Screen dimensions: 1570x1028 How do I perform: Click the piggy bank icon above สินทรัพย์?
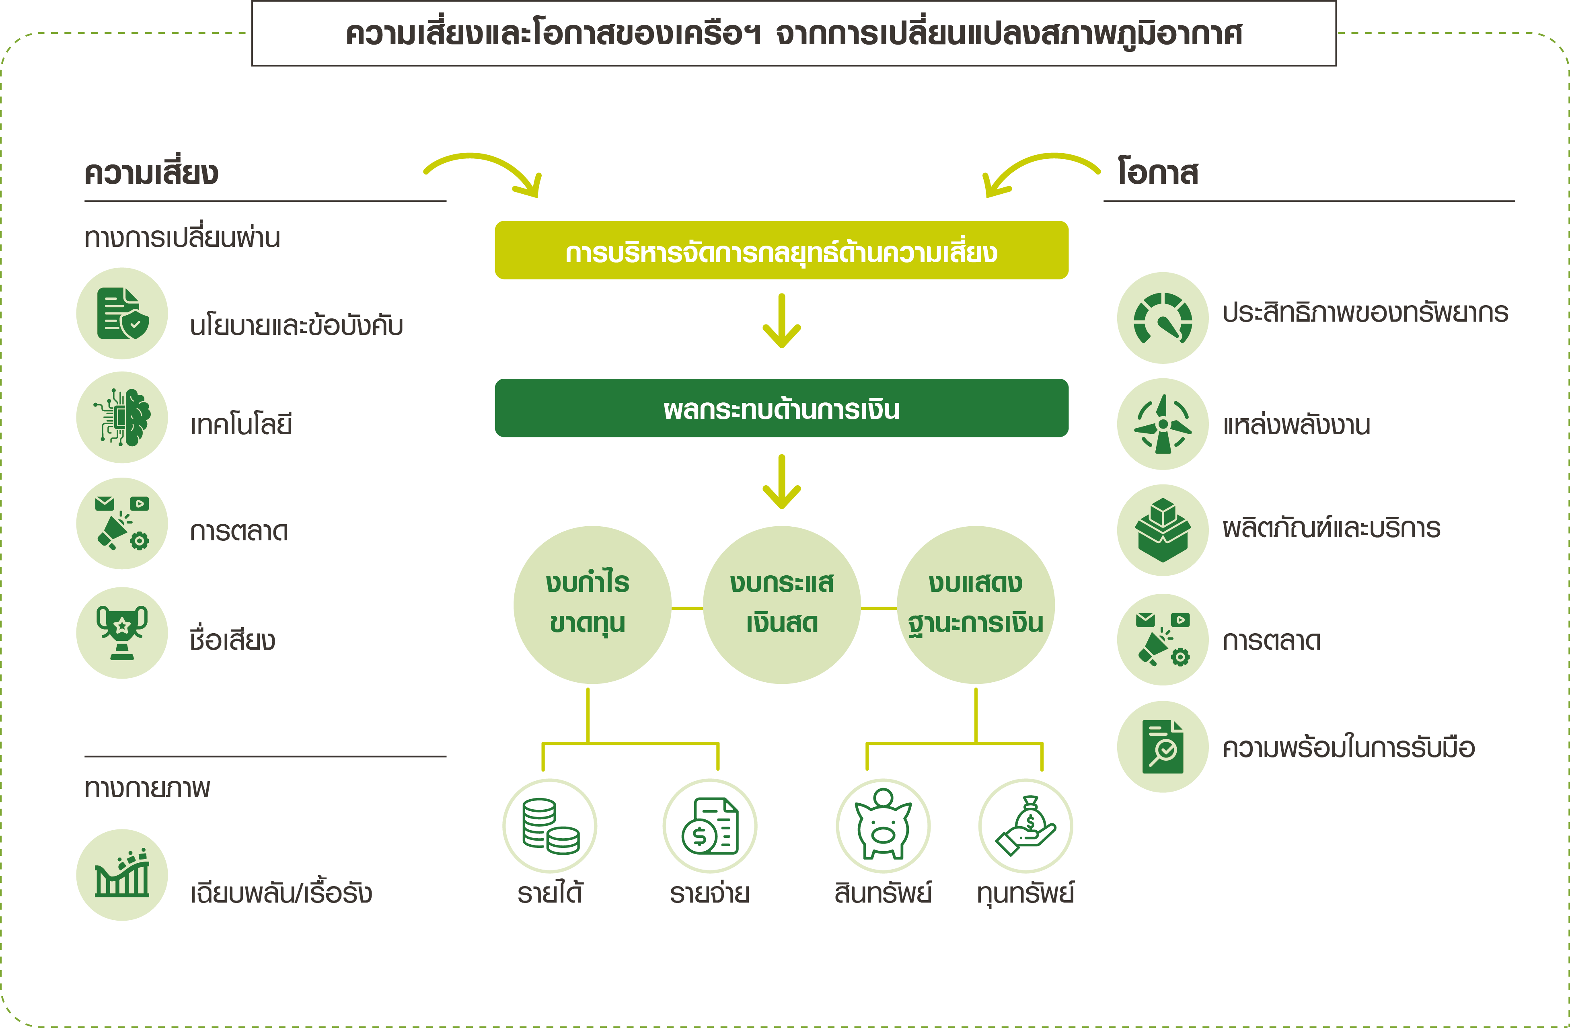[x=883, y=825]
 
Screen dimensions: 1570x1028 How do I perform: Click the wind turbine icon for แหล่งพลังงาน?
[x=1163, y=424]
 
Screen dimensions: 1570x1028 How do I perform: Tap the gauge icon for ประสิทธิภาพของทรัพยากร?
[x=1163, y=318]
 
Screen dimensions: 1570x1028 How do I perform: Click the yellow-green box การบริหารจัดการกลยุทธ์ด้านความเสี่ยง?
[x=782, y=250]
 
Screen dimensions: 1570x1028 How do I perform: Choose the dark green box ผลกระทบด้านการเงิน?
[x=782, y=408]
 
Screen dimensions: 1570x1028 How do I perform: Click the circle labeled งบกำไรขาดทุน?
[x=592, y=605]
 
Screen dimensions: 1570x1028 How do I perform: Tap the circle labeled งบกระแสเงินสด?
[x=782, y=605]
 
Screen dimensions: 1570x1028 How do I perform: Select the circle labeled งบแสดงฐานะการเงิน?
[x=976, y=605]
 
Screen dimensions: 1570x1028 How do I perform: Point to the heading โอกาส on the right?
[x=1158, y=171]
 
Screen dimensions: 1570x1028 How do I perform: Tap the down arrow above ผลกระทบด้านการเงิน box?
[x=782, y=321]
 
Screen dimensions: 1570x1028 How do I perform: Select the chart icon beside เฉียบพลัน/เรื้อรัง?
[x=122, y=875]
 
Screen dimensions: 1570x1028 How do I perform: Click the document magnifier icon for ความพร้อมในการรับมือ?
[x=1163, y=747]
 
